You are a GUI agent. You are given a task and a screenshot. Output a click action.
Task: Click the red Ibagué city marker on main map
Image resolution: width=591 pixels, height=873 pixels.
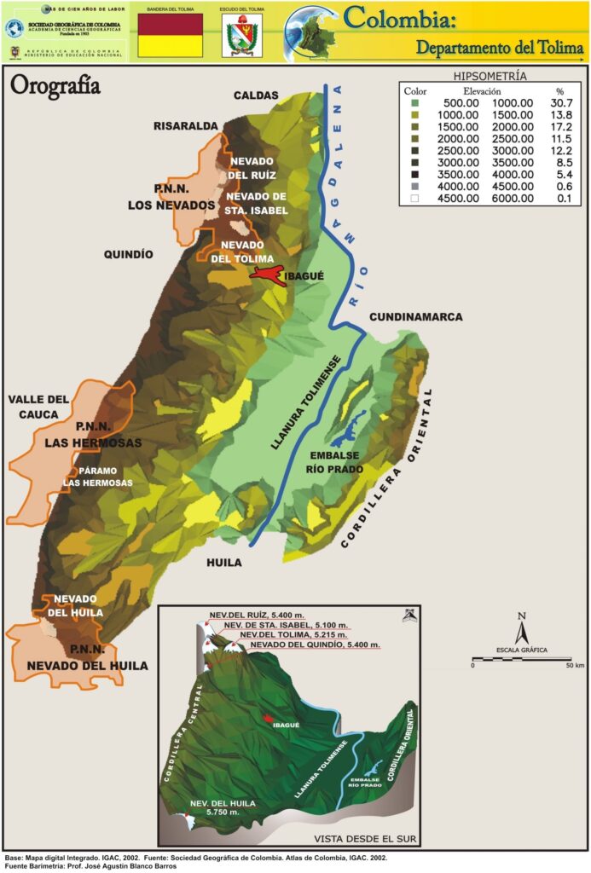(265, 275)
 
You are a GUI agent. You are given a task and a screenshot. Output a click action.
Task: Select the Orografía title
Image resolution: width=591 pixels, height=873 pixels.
(55, 86)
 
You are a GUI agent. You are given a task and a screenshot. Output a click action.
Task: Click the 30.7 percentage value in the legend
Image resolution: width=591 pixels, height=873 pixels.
(559, 102)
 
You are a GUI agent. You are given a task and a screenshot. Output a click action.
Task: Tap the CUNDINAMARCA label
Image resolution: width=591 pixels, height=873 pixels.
(415, 317)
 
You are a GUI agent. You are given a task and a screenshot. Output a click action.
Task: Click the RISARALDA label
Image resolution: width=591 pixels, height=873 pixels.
(186, 126)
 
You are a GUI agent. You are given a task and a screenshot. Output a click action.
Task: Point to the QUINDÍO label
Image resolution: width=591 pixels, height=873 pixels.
(128, 254)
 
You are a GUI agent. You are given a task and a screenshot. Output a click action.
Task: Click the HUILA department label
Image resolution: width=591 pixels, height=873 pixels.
(223, 563)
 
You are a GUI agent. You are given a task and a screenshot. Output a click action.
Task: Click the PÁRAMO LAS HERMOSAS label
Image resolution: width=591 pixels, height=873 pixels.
(98, 477)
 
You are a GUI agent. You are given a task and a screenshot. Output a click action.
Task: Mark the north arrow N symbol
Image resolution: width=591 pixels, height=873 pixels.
(521, 631)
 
